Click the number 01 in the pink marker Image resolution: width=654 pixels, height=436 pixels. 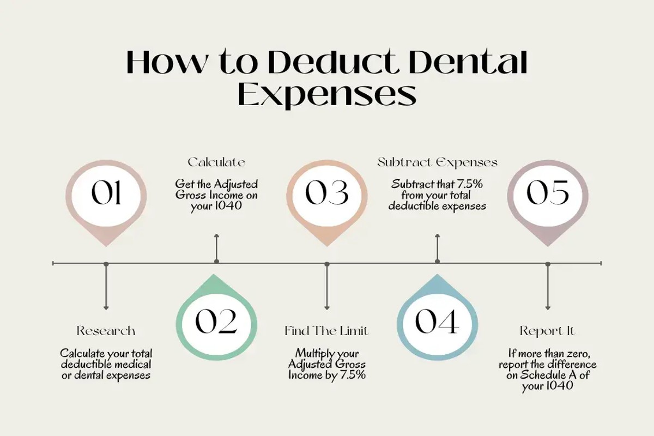pos(106,193)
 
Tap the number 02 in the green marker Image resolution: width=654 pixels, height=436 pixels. pos(216,322)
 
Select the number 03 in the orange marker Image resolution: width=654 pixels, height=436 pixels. pos(327,193)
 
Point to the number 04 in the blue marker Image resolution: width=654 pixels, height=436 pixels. pos(437,322)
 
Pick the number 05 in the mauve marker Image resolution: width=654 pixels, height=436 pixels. pos(548,193)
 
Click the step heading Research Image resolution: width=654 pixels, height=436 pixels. pos(106,331)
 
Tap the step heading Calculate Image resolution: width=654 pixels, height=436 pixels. pos(216,162)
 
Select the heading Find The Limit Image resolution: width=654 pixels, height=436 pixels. pos(326,331)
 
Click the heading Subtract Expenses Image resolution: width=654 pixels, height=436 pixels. pos(437,162)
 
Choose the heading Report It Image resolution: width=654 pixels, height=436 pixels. pos(547,331)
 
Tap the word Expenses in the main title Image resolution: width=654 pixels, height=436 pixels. pos(327,94)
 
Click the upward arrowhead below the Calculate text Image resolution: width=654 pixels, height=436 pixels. pos(216,235)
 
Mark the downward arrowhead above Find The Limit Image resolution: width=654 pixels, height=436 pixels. pos(327,308)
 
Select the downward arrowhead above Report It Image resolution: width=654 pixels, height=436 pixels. pos(548,308)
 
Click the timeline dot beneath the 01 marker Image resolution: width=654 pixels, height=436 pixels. pos(106,264)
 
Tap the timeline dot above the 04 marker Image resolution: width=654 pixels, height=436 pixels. pos(437,262)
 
